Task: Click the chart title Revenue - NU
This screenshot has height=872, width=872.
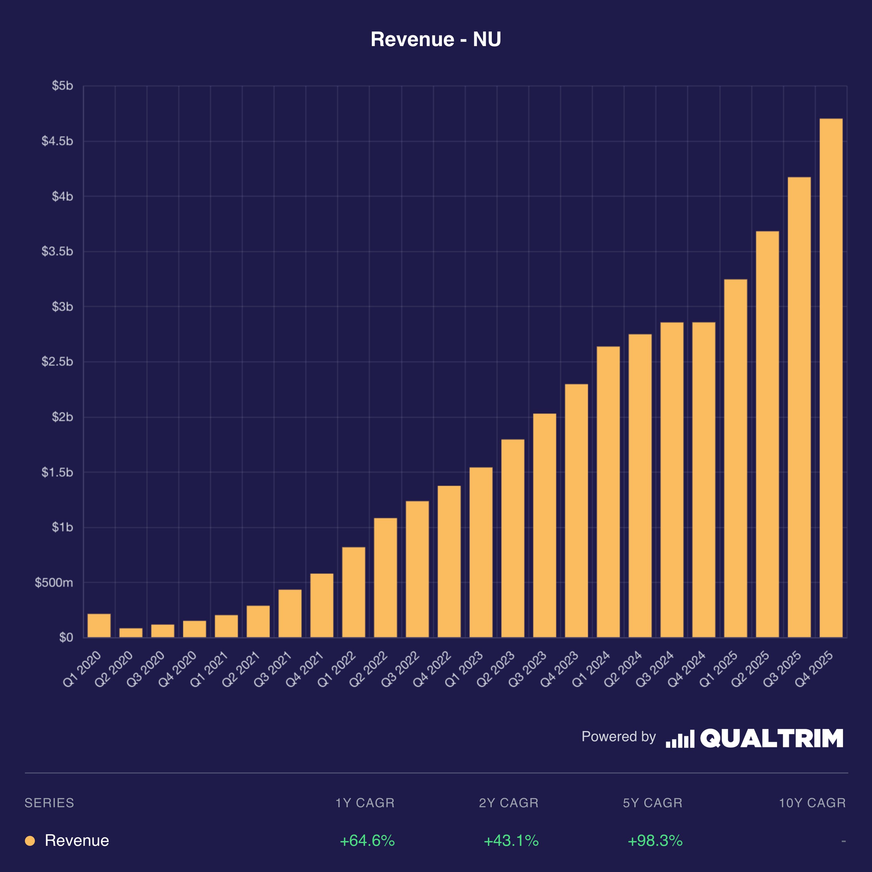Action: click(x=436, y=39)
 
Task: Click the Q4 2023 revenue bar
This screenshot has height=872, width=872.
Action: click(x=576, y=510)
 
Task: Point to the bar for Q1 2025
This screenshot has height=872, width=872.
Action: click(x=735, y=458)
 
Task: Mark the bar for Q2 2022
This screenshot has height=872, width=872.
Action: click(x=386, y=577)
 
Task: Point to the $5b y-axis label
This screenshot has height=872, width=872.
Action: click(x=62, y=86)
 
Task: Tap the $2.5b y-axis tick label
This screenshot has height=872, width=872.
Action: click(x=57, y=362)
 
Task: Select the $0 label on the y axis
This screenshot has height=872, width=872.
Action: click(x=66, y=637)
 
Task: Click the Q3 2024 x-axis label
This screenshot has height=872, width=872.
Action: click(x=654, y=669)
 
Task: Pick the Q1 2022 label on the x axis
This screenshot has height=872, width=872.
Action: click(x=336, y=669)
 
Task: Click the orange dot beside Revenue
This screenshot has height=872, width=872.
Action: click(x=30, y=841)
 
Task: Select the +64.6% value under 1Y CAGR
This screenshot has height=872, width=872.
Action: click(x=367, y=841)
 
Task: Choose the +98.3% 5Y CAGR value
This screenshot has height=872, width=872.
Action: click(x=655, y=841)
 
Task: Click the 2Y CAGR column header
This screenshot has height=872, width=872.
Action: click(x=509, y=803)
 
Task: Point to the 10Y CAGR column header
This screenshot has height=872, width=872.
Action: click(x=812, y=803)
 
